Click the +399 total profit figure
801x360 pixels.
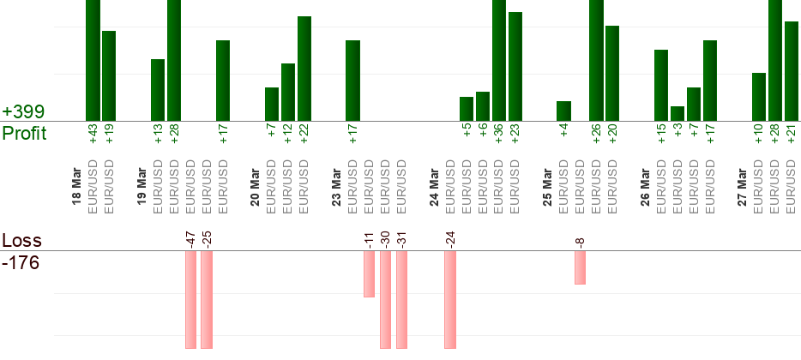pyautogui.click(x=23, y=112)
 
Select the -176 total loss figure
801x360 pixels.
pyautogui.click(x=21, y=262)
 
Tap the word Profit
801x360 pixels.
pyautogui.click(x=25, y=134)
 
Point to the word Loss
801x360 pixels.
pyautogui.click(x=21, y=241)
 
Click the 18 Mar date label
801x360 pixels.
pyautogui.click(x=76, y=191)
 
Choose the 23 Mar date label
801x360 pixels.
pyautogui.click(x=336, y=191)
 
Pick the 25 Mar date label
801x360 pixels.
pyautogui.click(x=547, y=191)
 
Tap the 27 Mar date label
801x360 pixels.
pyautogui.click(x=742, y=191)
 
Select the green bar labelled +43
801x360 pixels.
pyautogui.click(x=93, y=60)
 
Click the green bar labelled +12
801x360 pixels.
pyautogui.click(x=288, y=92)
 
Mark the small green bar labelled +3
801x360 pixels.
pyautogui.click(x=678, y=113)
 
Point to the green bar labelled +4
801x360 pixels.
pyautogui.click(x=563, y=111)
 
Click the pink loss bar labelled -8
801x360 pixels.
pyautogui.click(x=581, y=267)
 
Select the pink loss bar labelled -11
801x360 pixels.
pyautogui.click(x=369, y=274)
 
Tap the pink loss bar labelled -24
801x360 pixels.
pyautogui.click(x=450, y=300)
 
